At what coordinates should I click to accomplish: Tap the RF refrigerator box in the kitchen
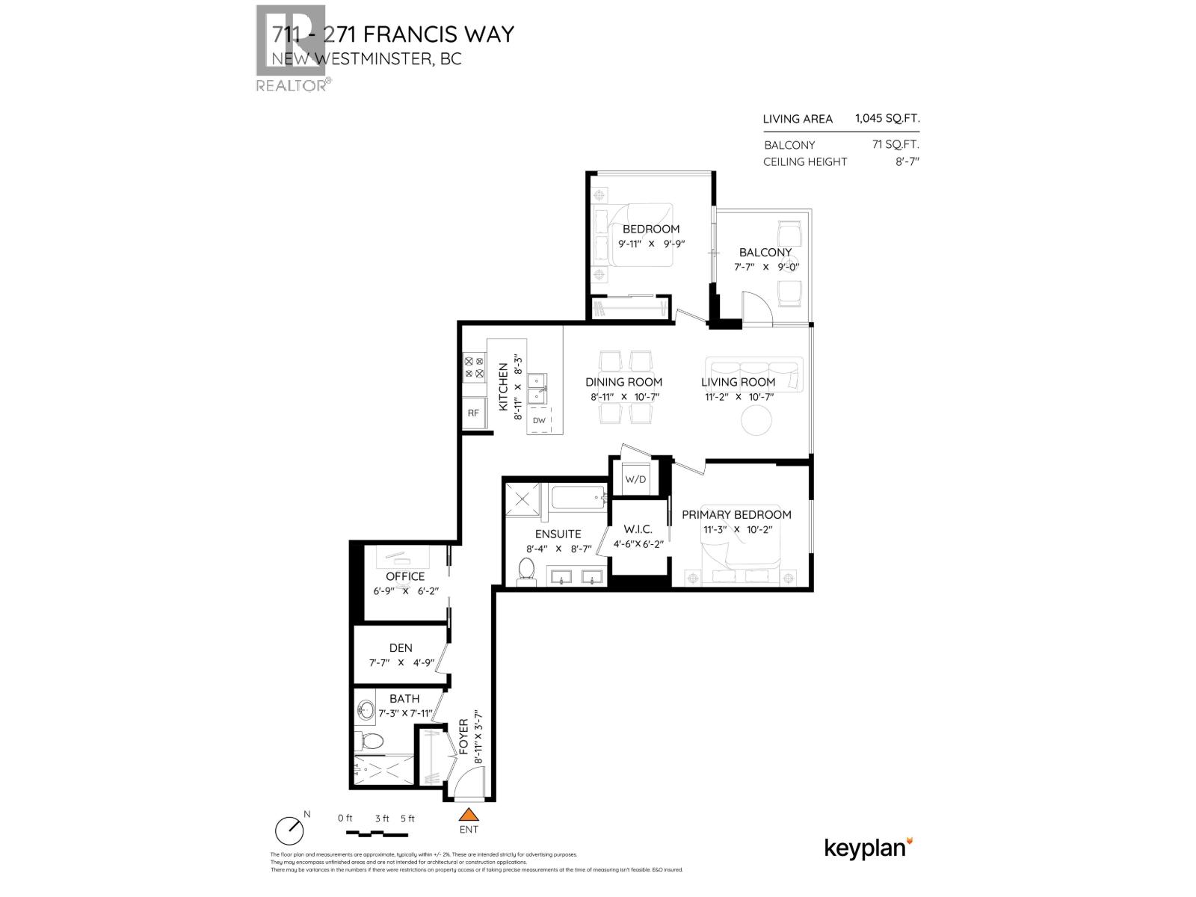click(473, 413)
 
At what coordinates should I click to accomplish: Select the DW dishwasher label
click(539, 421)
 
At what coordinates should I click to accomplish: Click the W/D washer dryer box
click(635, 479)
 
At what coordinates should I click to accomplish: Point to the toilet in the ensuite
click(528, 570)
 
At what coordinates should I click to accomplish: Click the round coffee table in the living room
click(756, 420)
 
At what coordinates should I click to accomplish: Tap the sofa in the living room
click(753, 373)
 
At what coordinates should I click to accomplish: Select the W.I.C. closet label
click(638, 529)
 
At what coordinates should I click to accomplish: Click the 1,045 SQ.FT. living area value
click(887, 118)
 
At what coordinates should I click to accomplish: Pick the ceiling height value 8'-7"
click(907, 161)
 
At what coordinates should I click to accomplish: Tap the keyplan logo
click(868, 848)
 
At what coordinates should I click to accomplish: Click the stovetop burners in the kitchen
click(474, 367)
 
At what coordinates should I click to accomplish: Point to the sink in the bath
click(366, 709)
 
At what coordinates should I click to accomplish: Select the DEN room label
click(401, 648)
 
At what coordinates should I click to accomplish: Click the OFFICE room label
click(405, 576)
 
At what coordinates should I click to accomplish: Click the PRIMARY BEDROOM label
click(736, 514)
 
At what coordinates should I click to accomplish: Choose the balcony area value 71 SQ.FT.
click(896, 144)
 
